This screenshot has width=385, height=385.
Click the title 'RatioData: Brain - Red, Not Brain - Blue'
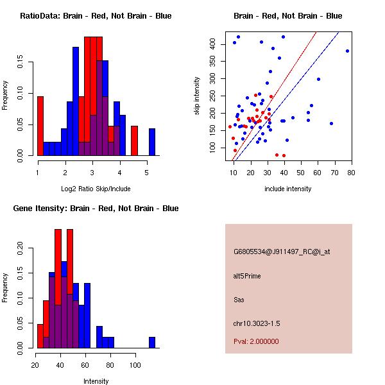[96, 16]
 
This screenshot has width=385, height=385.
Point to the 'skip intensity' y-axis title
[198, 96]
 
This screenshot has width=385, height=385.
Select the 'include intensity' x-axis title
[288, 189]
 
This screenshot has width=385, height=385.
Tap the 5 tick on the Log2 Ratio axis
[147, 172]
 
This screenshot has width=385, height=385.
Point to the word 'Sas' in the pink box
[239, 300]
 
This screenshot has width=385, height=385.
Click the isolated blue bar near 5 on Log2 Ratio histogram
[152, 142]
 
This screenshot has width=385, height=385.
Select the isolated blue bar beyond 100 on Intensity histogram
[152, 342]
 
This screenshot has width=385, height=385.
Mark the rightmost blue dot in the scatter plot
[347, 51]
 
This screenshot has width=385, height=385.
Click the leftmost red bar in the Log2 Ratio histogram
[40, 126]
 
